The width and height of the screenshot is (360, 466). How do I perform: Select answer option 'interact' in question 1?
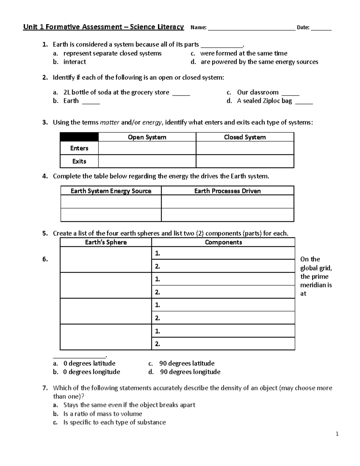[75, 62]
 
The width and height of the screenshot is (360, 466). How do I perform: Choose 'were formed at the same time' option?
[243, 53]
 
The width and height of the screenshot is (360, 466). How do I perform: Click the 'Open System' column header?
[147, 137]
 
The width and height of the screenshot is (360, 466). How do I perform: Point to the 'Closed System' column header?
[245, 137]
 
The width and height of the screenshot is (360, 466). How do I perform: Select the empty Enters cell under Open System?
[147, 148]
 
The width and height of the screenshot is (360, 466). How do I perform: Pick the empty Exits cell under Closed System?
[245, 161]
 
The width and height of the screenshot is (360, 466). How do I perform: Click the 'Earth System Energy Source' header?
[111, 191]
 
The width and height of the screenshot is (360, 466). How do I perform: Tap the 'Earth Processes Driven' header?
[227, 191]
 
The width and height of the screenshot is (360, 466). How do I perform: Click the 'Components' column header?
[223, 242]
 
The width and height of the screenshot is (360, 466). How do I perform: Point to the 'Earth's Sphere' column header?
[106, 242]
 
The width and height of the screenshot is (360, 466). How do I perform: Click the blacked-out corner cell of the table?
[79, 137]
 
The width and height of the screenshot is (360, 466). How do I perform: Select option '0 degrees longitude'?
[91, 372]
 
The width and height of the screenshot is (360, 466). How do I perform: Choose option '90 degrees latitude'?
[187, 363]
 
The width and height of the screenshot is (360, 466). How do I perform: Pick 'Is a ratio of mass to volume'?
[103, 414]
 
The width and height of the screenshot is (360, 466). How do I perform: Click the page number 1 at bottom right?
[337, 434]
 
